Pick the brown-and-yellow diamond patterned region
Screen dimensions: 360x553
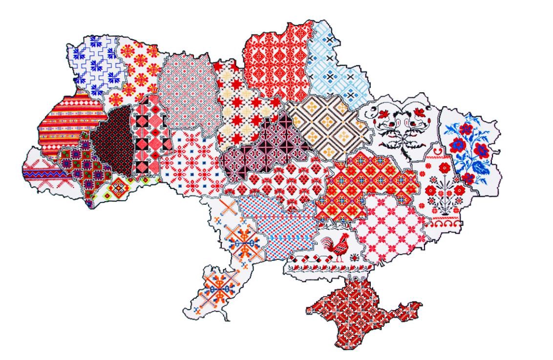327,125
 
